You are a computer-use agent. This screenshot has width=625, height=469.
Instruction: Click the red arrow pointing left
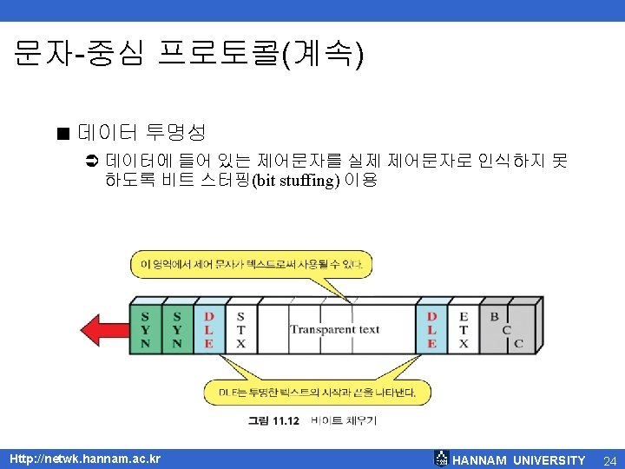(x=103, y=329)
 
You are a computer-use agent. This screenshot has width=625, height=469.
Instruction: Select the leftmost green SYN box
(x=144, y=330)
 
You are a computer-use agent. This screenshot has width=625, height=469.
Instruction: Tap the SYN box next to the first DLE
(x=177, y=330)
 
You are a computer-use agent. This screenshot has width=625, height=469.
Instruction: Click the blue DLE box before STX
(x=209, y=330)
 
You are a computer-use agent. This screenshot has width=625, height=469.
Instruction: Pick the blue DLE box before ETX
(x=431, y=330)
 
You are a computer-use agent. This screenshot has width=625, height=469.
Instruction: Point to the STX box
(x=240, y=330)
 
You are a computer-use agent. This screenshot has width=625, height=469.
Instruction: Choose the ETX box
(x=464, y=330)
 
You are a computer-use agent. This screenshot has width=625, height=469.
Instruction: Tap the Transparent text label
(x=334, y=329)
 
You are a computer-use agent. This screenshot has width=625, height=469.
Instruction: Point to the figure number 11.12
(x=274, y=421)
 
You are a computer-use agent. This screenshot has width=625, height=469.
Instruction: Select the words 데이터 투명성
(x=141, y=133)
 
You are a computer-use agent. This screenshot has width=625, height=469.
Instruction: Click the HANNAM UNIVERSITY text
(x=519, y=459)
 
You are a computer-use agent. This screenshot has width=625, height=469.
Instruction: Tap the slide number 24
(x=609, y=459)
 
